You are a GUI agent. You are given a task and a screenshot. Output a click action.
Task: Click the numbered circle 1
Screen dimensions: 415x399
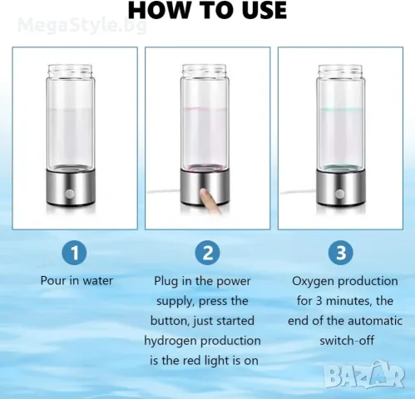75,253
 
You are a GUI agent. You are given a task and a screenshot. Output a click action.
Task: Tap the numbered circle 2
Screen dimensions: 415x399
208,253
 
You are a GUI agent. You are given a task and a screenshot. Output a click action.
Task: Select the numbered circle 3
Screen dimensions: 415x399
341,253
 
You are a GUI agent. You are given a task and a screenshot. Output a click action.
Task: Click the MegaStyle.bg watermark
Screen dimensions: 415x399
82,25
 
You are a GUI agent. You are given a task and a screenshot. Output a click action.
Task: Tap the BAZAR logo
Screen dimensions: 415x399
364,375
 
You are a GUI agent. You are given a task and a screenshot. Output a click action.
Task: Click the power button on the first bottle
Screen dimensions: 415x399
69,194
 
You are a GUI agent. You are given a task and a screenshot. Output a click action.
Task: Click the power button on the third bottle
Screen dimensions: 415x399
339,194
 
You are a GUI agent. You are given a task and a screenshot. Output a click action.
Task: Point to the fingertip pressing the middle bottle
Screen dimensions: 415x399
205,193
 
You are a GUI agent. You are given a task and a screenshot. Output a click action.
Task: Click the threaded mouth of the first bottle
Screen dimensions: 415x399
70,71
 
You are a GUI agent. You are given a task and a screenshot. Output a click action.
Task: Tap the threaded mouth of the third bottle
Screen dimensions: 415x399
340,71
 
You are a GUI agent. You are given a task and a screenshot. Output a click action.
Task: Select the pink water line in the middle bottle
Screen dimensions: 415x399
205,109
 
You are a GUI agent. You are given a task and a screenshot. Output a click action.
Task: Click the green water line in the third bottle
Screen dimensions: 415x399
340,110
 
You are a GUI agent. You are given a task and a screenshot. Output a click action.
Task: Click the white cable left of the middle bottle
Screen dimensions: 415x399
164,191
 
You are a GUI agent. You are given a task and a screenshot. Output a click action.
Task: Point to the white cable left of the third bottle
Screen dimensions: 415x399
298,191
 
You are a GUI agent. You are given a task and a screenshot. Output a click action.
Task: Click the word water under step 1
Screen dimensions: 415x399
98,281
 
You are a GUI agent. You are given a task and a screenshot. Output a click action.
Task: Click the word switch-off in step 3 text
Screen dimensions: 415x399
347,340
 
